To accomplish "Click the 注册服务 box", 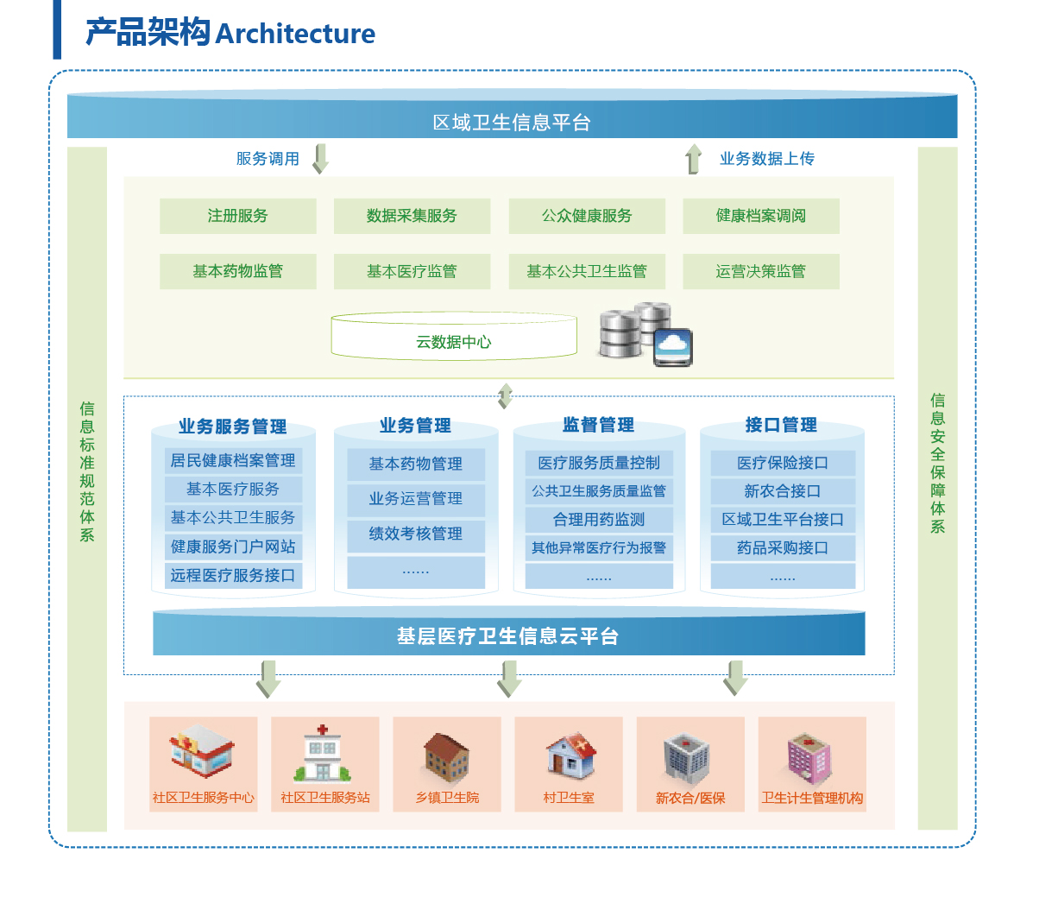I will click(237, 216).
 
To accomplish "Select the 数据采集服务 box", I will click(412, 216).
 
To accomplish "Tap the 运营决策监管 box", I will click(760, 271).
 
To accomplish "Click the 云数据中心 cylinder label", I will click(454, 342).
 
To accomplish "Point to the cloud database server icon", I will click(646, 334).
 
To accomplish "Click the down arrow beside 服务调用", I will click(321, 159).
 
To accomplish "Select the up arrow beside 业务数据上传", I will click(694, 159).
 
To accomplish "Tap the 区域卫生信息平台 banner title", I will click(512, 123).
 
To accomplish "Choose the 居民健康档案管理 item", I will click(233, 460).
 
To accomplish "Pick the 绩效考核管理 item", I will click(416, 534).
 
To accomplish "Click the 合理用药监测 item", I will click(599, 520).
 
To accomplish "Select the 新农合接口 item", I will click(783, 491).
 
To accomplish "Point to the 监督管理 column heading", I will click(599, 425).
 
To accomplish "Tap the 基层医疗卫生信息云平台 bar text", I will click(508, 636).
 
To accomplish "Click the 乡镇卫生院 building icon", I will click(447, 757).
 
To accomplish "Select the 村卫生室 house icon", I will click(570, 755).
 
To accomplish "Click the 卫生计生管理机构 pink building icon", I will click(811, 758).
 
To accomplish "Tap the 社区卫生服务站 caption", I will click(325, 798).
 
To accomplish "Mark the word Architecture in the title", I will click(295, 34).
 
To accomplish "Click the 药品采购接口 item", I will click(783, 548).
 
